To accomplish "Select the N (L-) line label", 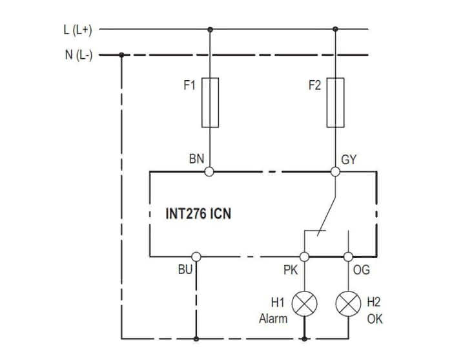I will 79,55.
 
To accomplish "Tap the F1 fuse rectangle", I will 210,102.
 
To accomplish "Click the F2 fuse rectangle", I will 335,102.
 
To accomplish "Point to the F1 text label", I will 189,86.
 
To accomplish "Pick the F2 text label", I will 314,86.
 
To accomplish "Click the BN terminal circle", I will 210,171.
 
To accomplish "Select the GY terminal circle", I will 335,171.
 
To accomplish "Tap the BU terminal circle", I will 196,257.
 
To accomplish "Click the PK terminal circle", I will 304,257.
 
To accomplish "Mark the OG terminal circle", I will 349,257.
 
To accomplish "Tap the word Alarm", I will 272,319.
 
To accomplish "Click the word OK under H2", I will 375,319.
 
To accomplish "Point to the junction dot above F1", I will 210,29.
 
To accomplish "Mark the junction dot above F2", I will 335,29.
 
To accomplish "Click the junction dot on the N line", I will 121,55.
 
